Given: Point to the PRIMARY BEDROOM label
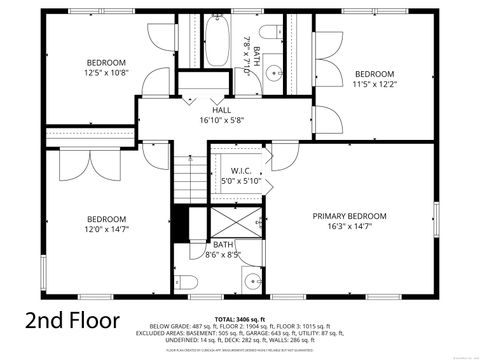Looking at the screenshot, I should (x=349, y=216).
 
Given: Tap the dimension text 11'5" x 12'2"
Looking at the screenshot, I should (x=375, y=84).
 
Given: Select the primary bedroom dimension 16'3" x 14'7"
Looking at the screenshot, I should (x=349, y=227).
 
